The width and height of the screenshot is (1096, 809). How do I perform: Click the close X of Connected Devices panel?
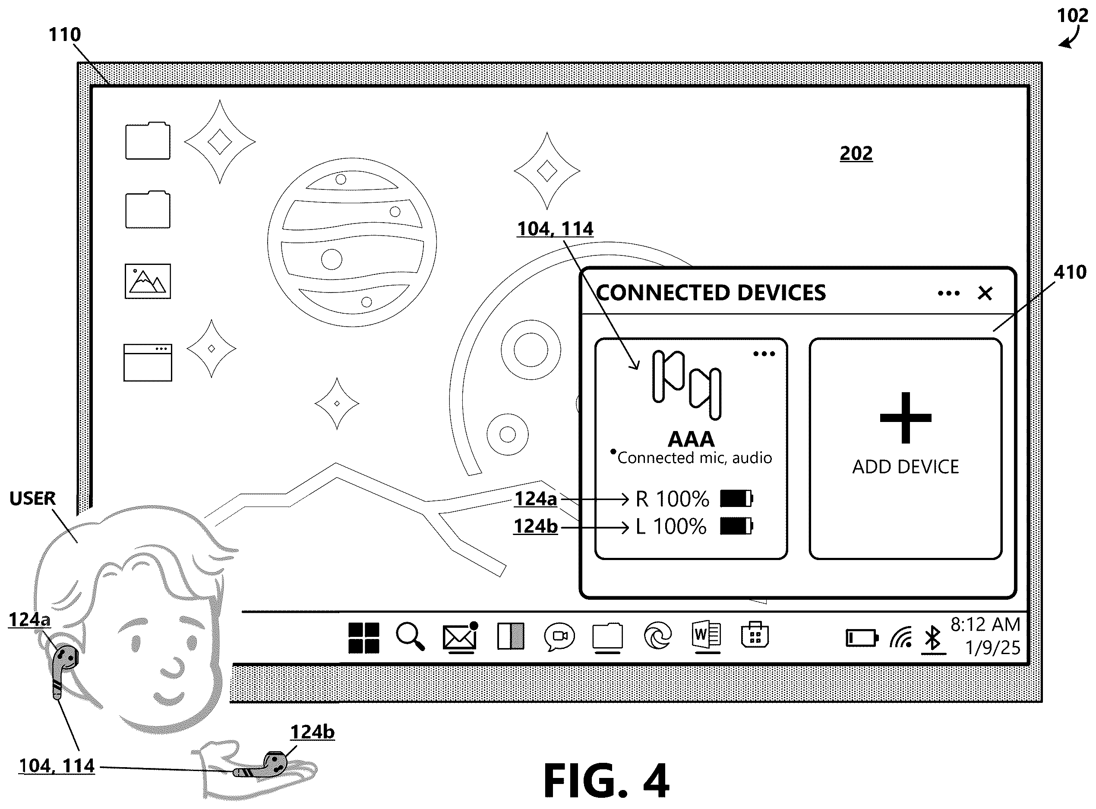985,293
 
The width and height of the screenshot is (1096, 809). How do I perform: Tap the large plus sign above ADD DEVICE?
905,418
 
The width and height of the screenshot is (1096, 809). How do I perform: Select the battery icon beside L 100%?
736,526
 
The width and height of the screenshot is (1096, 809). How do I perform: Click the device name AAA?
691,439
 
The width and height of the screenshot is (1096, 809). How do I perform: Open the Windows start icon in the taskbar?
363,638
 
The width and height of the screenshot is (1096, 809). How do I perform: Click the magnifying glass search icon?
410,636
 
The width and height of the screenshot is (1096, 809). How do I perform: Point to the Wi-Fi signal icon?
901,638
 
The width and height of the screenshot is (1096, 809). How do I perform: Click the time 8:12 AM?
985,624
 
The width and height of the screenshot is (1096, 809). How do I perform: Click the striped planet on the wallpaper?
352,242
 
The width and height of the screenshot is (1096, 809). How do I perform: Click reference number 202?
856,153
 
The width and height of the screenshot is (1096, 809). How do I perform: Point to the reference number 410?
1070,272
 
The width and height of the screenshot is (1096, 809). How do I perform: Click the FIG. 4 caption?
606,781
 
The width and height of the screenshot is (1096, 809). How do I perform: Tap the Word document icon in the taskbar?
706,637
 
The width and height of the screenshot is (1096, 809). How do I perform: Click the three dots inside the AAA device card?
764,353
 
